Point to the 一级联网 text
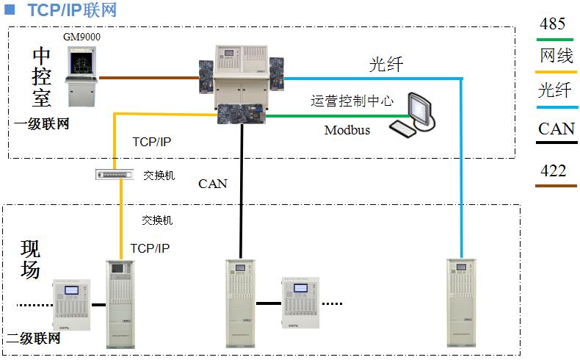[42, 124]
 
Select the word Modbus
[347, 131]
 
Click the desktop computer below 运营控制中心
[415, 116]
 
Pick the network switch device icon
[115, 174]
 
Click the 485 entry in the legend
[552, 24]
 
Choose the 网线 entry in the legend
[556, 56]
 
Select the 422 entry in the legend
[553, 170]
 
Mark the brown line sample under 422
[555, 186]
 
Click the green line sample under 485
[555, 39]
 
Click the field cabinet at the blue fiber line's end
[461, 303]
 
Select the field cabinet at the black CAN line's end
[240, 303]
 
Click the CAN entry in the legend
[557, 129]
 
